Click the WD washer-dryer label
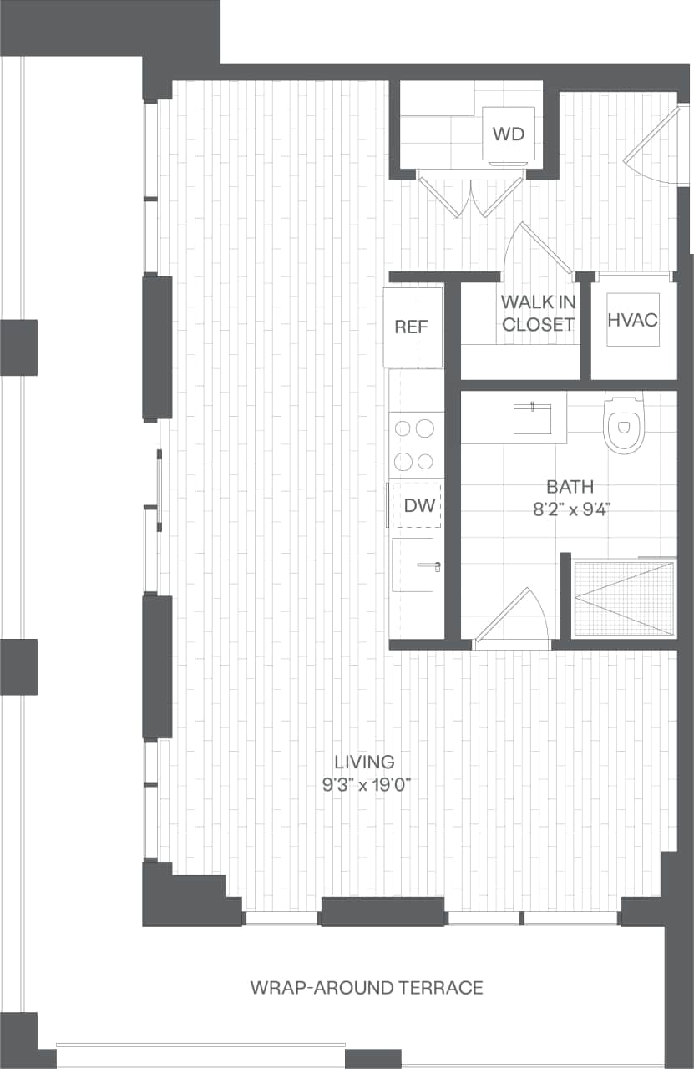point(509,134)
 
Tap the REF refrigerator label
point(411,327)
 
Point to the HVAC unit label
point(633,320)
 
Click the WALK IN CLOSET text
point(539,313)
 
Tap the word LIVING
point(363,762)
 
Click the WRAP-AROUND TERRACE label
point(367,988)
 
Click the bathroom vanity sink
point(532,418)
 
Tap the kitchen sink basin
point(413,565)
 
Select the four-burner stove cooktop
point(415,444)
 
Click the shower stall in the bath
point(623,598)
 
